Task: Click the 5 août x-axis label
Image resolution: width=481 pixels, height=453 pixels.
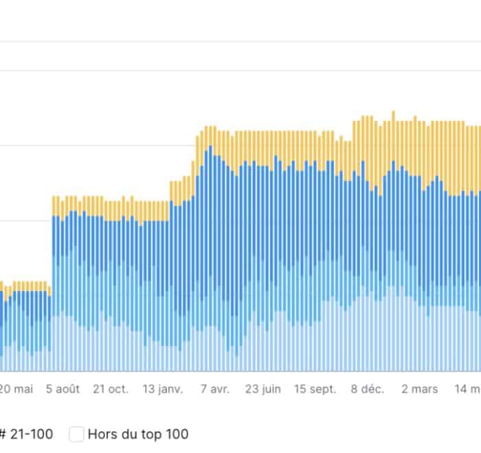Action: (63, 388)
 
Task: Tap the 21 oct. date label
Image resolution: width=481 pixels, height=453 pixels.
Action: (111, 388)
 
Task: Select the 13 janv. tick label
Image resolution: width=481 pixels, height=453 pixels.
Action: (163, 388)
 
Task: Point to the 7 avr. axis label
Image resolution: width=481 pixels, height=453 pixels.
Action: (215, 388)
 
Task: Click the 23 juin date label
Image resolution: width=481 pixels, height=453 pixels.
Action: (263, 388)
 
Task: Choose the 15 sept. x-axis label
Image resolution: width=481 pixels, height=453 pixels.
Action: (315, 388)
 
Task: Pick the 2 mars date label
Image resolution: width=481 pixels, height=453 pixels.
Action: (419, 388)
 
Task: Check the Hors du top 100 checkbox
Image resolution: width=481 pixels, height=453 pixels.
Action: (77, 434)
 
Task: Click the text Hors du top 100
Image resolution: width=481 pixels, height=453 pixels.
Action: (137, 434)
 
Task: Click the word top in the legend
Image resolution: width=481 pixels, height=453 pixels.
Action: (153, 434)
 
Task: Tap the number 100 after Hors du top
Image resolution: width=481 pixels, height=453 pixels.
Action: (177, 434)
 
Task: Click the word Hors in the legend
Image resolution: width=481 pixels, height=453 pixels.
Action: (102, 434)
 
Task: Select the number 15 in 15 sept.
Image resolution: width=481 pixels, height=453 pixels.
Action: (300, 388)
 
